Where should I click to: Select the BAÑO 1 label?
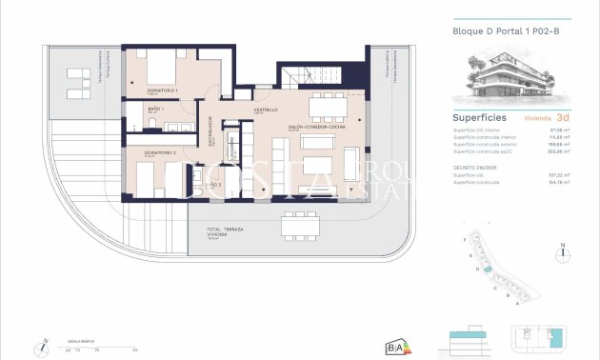coord(156,110)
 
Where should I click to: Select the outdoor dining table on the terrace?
coord(300,226)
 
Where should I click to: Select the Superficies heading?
coord(479,119)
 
